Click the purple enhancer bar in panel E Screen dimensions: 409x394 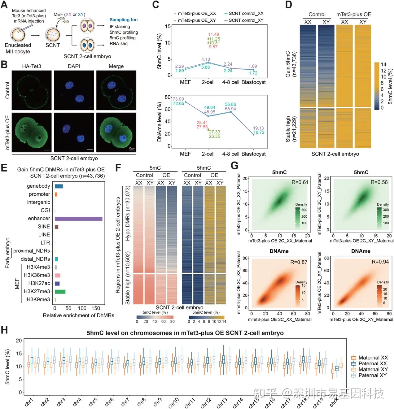coord(78,219)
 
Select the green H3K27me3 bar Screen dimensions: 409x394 coord(60,291)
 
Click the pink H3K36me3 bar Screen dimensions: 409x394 coord(57,275)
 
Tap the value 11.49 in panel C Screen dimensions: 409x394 coord(214,34)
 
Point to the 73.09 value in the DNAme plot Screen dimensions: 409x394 coord(178,99)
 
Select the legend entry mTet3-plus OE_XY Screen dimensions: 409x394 coord(197,20)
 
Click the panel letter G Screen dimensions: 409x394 coord(234,166)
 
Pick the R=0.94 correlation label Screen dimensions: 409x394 coord(380,262)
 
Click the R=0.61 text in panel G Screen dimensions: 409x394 coord(300,182)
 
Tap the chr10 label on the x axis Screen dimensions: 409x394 coord(174,402)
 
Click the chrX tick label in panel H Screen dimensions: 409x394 coord(335,402)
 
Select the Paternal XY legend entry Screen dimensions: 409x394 coord(372,375)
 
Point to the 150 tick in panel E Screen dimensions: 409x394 coord(96,308)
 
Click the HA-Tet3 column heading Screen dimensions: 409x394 coord(32,66)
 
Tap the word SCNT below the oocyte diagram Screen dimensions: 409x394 coord(53,45)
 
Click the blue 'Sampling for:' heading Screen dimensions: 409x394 coord(124,20)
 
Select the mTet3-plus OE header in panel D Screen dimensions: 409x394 coord(353,14)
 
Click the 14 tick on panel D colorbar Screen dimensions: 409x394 coord(383,64)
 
